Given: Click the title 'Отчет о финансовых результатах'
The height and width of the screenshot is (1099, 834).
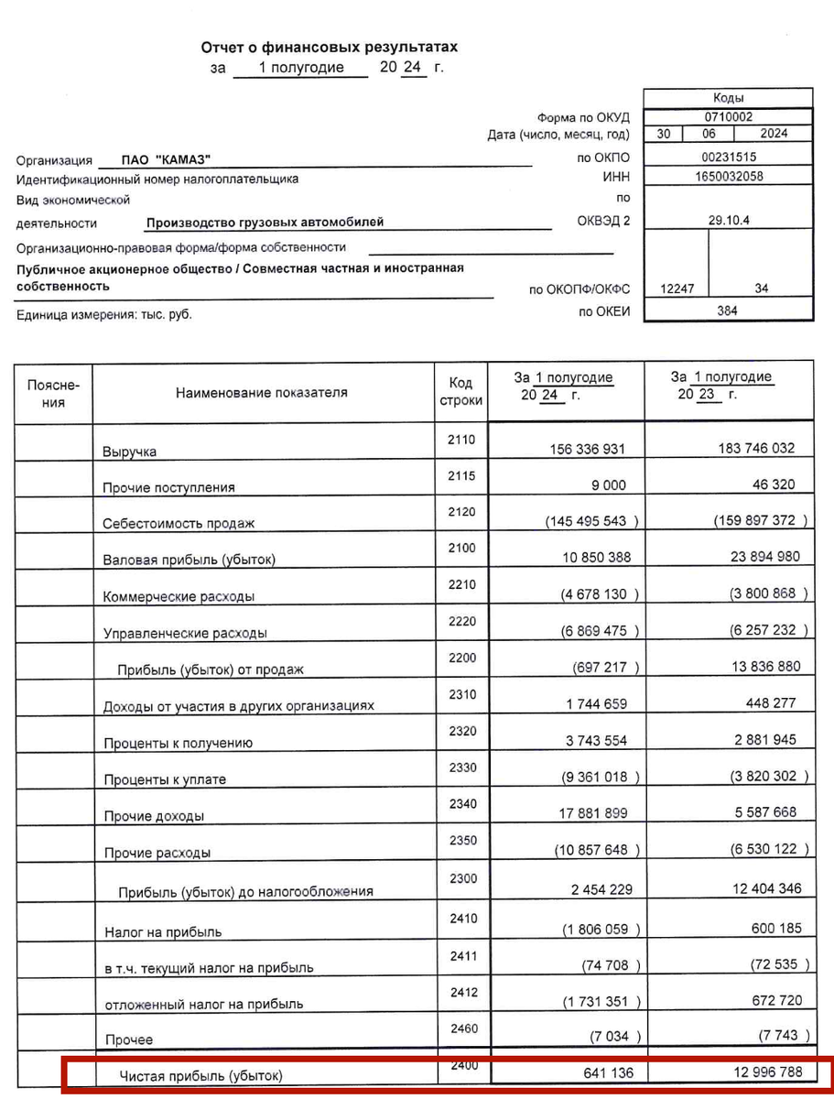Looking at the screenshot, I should (x=329, y=47).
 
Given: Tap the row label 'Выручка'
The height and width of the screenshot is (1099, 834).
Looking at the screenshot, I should (x=129, y=452).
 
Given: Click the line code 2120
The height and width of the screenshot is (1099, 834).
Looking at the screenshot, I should (x=462, y=511).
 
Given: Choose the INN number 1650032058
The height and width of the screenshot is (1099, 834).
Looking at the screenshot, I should (x=729, y=177).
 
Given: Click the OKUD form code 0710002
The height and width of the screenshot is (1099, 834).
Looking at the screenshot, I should (x=729, y=116).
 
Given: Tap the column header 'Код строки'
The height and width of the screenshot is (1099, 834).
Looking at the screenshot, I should (x=460, y=392).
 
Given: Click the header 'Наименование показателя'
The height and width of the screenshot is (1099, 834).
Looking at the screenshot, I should (x=262, y=393).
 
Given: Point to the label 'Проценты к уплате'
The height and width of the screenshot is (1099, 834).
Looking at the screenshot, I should (x=165, y=779).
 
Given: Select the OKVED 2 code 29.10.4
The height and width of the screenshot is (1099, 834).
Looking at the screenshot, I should (x=729, y=220).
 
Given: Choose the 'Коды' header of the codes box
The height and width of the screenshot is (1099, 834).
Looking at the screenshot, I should (x=729, y=98).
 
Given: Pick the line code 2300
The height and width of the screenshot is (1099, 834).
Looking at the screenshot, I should (x=463, y=878).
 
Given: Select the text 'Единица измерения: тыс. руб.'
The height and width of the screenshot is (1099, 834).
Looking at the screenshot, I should (x=104, y=314).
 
